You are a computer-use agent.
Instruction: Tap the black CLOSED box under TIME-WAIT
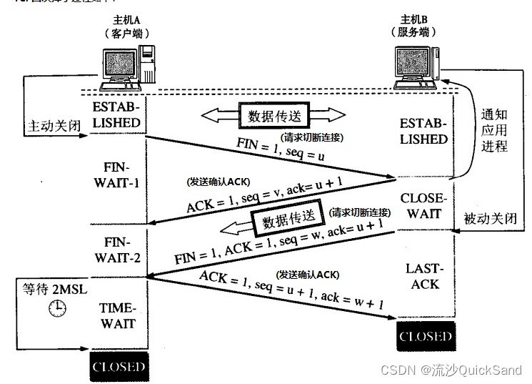coord(119,368)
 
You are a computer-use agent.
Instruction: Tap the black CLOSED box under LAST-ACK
coord(426,336)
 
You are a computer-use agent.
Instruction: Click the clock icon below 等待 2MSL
coord(57,308)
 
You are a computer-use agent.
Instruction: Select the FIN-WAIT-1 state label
coord(119,174)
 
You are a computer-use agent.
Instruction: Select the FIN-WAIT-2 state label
coord(119,249)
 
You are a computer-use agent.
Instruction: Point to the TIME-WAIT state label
coord(119,315)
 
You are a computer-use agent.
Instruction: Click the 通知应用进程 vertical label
coord(493,130)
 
